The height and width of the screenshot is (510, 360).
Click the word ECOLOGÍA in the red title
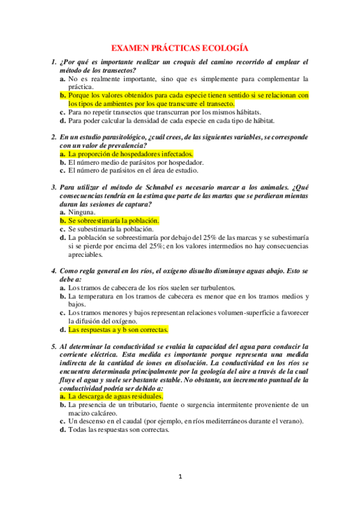[x=223, y=48]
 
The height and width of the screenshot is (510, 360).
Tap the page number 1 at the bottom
[x=180, y=477]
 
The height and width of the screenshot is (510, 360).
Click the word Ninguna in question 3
[x=81, y=212]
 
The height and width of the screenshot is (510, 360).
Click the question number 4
[x=53, y=271]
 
